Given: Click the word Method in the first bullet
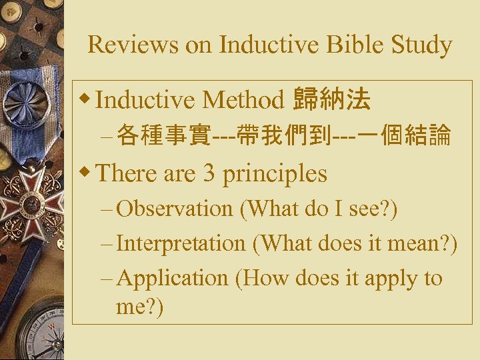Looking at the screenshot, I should tap(243, 101).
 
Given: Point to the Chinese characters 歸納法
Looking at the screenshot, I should tap(332, 100).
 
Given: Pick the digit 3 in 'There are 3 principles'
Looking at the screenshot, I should tap(209, 174).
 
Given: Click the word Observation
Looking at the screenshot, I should tap(174, 208).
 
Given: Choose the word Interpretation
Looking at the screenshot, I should tap(181, 243).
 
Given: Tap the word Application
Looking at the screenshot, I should tap(172, 278).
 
